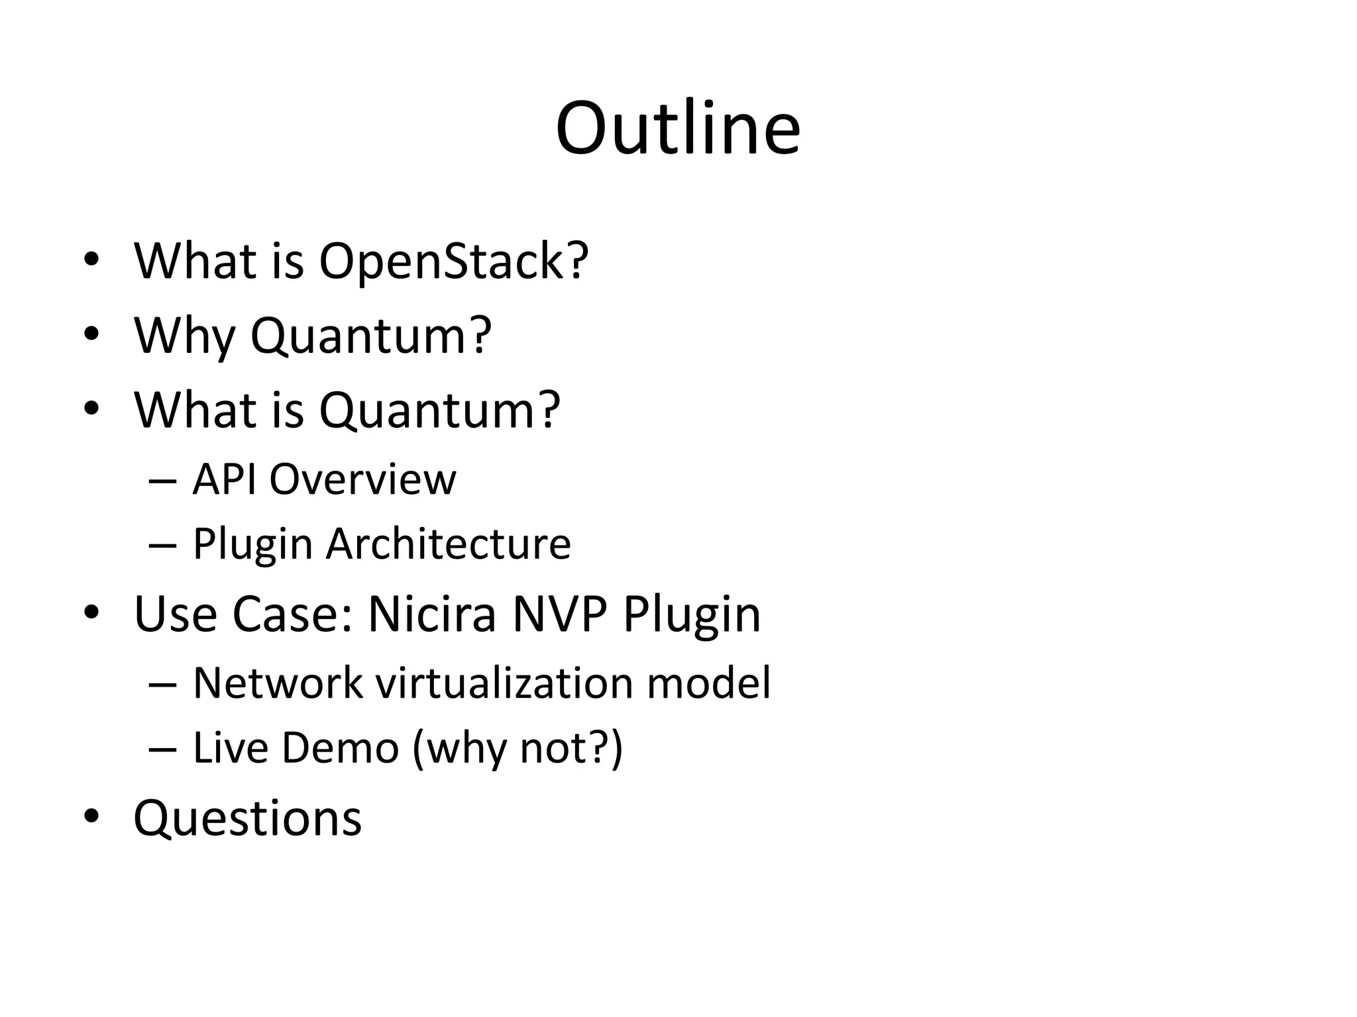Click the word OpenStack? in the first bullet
[x=453, y=261]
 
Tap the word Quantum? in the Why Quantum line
[x=370, y=336]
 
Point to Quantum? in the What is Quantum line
[x=439, y=411]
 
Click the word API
[x=225, y=479]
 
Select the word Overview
[x=362, y=479]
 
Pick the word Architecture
[x=448, y=544]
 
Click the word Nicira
[x=431, y=614]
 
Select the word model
[x=708, y=683]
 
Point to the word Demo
[x=340, y=748]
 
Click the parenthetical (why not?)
[x=517, y=749]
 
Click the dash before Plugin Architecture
[x=162, y=545]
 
